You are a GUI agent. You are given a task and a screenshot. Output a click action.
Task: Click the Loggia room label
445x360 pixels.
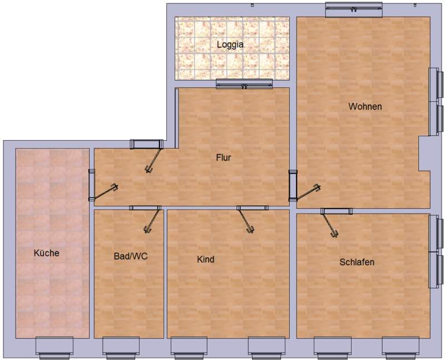tap(230, 45)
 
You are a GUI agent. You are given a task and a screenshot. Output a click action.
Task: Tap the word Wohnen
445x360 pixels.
tap(365, 106)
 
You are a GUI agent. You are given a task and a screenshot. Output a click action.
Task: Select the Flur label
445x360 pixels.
tap(224, 157)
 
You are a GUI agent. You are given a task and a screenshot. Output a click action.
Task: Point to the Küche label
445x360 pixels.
tap(47, 253)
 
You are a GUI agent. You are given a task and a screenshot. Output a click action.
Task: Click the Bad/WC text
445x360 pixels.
tap(131, 256)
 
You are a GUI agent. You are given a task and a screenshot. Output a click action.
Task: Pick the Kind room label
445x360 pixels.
tap(205, 259)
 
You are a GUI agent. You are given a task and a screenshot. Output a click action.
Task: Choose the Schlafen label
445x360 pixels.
tap(357, 262)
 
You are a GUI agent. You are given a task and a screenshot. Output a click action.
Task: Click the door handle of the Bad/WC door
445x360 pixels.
tap(147, 229)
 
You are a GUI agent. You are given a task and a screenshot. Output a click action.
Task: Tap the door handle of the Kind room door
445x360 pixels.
tap(250, 229)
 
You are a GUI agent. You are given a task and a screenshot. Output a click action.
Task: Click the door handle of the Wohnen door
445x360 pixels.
tap(317, 188)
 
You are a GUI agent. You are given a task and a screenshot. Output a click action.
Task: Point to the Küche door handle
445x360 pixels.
tap(115, 188)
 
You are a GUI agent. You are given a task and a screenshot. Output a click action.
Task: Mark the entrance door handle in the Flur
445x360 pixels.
tap(148, 170)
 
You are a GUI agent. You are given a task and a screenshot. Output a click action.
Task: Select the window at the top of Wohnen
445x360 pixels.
tap(354, 10)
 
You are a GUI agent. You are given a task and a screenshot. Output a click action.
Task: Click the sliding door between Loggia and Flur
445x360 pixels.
tap(244, 84)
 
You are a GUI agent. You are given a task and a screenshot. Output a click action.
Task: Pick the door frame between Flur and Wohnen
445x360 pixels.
tap(293, 186)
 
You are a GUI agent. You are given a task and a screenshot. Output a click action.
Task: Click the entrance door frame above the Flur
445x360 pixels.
tap(146, 144)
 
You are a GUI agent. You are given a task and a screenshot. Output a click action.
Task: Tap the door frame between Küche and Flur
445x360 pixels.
tap(92, 185)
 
